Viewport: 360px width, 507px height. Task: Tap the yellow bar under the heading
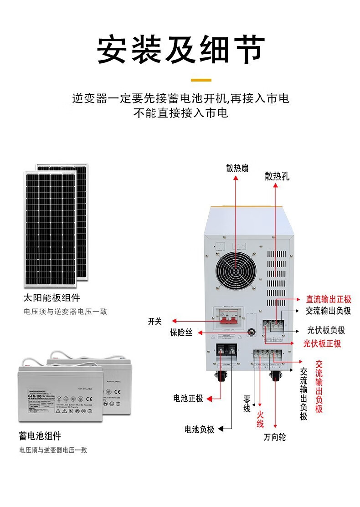click(201, 80)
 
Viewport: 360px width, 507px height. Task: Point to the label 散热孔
click(277, 176)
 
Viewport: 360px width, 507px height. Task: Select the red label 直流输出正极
click(329, 299)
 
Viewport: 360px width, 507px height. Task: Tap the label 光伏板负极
click(326, 331)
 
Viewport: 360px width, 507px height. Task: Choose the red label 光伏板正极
click(322, 343)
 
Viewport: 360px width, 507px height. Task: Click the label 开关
click(155, 321)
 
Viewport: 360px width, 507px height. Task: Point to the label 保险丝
click(181, 333)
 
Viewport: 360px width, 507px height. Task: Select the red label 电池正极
click(188, 398)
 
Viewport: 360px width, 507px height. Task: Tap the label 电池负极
click(199, 429)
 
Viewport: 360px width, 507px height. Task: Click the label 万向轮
click(275, 437)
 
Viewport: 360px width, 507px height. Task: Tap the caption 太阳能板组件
click(51, 298)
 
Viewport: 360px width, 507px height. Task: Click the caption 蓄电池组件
click(40, 436)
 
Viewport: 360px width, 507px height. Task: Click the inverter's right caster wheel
click(276, 376)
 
